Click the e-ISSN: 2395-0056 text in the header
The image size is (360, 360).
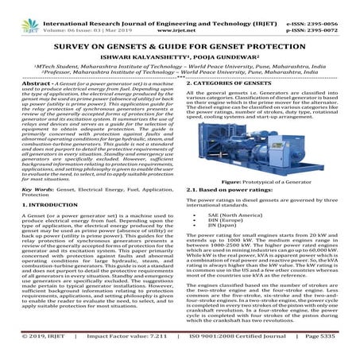pyautogui.click(x=325, y=6)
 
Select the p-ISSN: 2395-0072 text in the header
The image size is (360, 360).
pyautogui.click(x=325, y=14)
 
